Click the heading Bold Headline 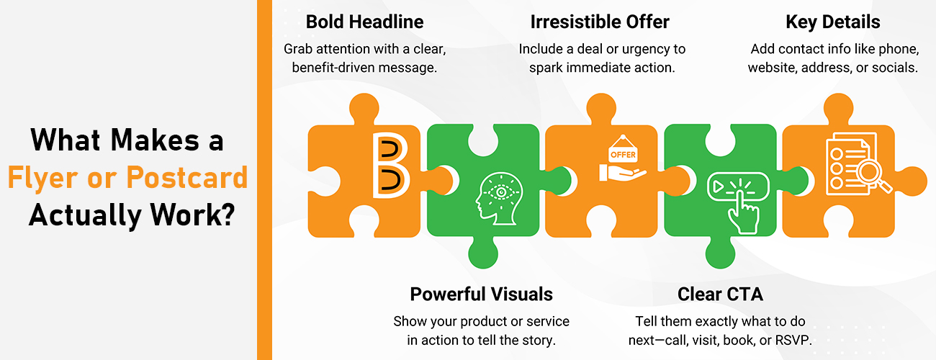364,22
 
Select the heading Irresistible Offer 600,22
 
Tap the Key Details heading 832,22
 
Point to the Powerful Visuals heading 481,294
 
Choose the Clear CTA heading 720,294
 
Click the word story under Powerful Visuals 538,341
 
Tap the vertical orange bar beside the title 264,180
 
